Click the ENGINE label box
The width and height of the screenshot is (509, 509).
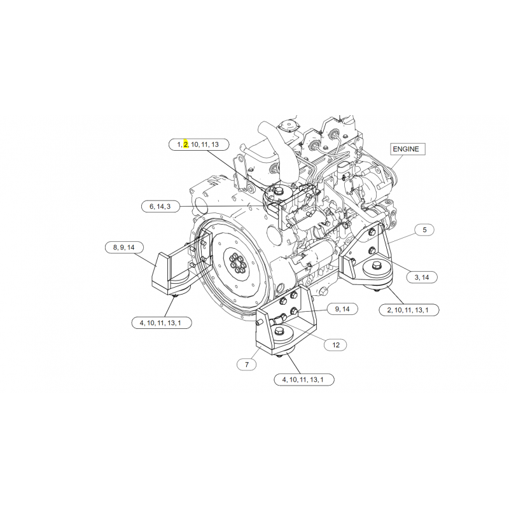[407, 149]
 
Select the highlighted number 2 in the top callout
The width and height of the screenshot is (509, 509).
[186, 144]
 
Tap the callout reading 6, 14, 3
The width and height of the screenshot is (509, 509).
[160, 206]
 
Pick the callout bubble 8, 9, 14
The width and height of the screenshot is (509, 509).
[124, 248]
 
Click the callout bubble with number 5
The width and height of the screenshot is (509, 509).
[424, 230]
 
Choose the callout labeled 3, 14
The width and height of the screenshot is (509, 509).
[422, 277]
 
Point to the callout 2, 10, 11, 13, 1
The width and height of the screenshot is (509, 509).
[408, 310]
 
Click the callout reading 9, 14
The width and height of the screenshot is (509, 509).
[342, 309]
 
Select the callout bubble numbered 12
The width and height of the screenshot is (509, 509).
[336, 345]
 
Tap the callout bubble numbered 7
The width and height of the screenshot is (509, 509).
[247, 365]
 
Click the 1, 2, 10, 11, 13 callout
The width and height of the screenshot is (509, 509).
[199, 144]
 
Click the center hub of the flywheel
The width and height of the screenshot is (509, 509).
[238, 263]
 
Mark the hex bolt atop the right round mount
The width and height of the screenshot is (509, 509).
[377, 265]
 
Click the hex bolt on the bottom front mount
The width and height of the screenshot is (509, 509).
[279, 331]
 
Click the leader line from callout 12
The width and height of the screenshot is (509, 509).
[304, 331]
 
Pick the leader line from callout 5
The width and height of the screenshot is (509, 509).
[403, 238]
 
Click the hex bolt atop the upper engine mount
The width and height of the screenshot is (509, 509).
[278, 190]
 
